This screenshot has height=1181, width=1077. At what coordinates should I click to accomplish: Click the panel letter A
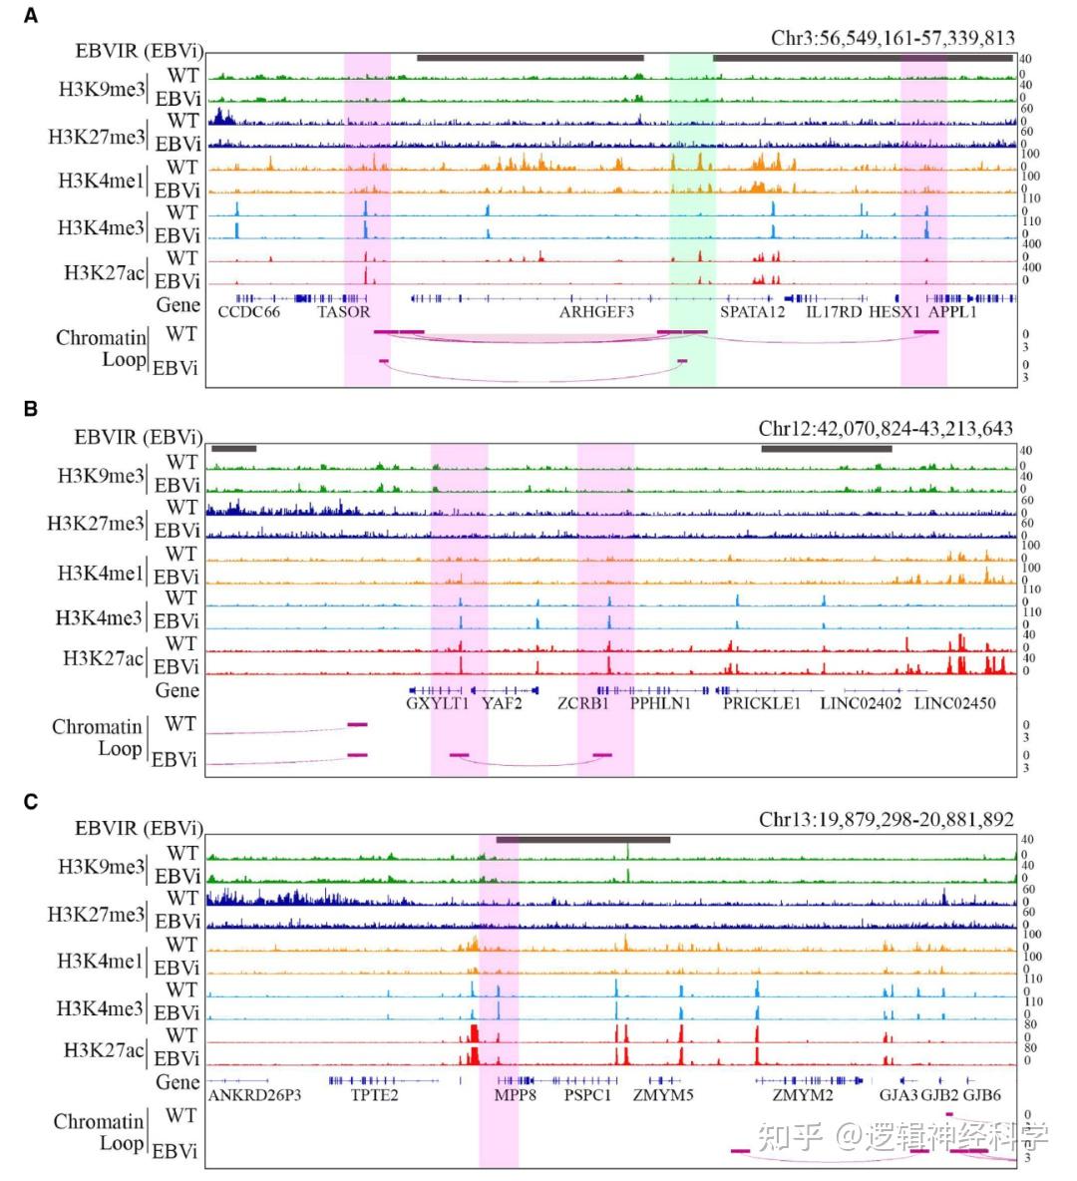[32, 16]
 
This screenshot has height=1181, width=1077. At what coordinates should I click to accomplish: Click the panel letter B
[32, 409]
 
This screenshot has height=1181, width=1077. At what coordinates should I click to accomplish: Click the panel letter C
[32, 801]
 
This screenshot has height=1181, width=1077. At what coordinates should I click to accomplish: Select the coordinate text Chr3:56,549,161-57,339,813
[893, 38]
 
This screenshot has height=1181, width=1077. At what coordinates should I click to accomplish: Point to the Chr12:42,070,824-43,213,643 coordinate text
[886, 429]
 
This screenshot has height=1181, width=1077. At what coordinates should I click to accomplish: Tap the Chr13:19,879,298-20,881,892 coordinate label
[886, 819]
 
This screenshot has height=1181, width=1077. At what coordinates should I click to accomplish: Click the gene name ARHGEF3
[596, 312]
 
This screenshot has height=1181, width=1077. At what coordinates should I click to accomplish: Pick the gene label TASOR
[344, 312]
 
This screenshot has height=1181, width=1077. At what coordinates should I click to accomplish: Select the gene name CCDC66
[249, 312]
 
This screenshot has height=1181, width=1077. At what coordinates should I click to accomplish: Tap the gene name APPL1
[952, 312]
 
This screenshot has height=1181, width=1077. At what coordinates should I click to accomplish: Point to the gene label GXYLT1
[437, 703]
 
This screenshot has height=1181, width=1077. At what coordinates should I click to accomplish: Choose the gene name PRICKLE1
[762, 703]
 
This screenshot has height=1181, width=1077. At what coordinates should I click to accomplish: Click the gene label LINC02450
[954, 703]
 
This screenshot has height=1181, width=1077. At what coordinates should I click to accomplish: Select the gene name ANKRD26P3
[255, 1094]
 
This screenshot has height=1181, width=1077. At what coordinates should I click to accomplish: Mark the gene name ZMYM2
[803, 1094]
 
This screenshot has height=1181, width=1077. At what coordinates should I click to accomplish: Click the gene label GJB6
[982, 1094]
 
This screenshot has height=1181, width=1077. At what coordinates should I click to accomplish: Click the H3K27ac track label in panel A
[104, 272]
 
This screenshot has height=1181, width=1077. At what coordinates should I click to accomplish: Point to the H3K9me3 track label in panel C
[101, 867]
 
